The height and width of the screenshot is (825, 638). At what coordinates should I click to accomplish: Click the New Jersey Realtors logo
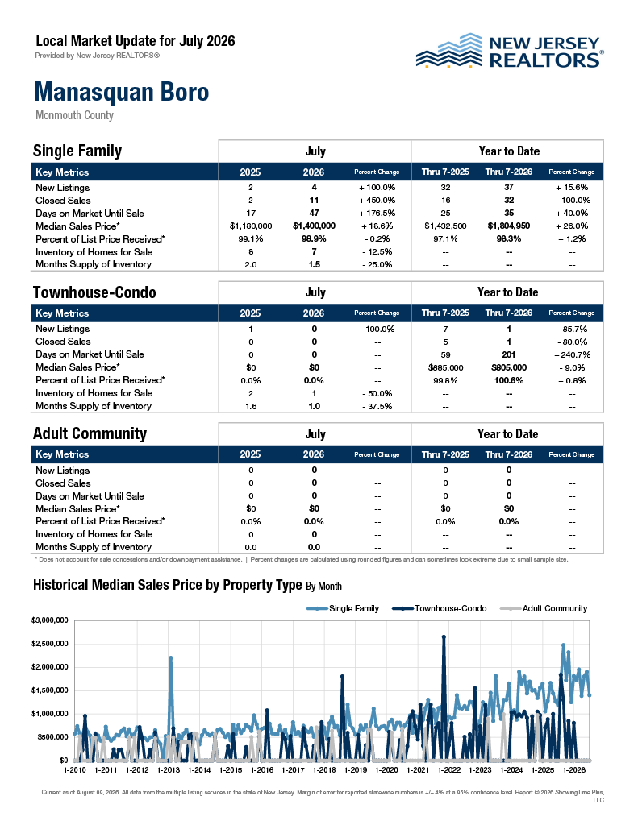(x=510, y=52)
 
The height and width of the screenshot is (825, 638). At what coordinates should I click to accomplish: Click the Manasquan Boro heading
(x=122, y=92)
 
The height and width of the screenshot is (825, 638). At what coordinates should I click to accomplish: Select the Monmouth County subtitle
(x=74, y=115)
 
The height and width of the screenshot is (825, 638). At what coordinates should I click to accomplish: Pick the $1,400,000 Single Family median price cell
(x=314, y=226)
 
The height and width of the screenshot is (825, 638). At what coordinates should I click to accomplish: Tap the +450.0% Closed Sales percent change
(x=377, y=200)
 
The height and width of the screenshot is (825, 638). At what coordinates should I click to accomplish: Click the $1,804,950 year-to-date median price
(x=509, y=226)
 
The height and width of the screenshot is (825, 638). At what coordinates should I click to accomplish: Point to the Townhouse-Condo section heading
(x=94, y=292)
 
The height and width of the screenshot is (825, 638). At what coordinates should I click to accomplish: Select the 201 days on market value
(x=509, y=354)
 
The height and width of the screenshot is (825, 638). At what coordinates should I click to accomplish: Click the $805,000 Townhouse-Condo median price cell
(x=509, y=367)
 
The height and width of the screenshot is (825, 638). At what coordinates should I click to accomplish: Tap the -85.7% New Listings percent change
(x=572, y=329)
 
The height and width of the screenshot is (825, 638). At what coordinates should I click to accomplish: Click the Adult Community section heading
(x=90, y=433)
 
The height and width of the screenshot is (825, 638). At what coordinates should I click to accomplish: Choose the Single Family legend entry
(x=343, y=608)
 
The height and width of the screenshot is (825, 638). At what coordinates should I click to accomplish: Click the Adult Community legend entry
(x=544, y=608)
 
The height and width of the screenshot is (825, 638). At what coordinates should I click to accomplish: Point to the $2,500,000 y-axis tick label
(x=50, y=644)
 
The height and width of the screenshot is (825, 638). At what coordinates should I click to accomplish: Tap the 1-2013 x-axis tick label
(x=168, y=769)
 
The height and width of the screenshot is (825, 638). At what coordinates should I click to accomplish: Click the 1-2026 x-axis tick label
(x=574, y=769)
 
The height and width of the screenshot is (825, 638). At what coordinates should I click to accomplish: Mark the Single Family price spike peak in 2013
(x=171, y=657)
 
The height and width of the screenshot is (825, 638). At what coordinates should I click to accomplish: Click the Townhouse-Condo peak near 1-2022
(x=444, y=636)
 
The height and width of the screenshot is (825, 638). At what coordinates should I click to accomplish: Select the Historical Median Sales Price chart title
(x=187, y=585)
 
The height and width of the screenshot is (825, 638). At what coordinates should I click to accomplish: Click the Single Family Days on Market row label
(x=90, y=213)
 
